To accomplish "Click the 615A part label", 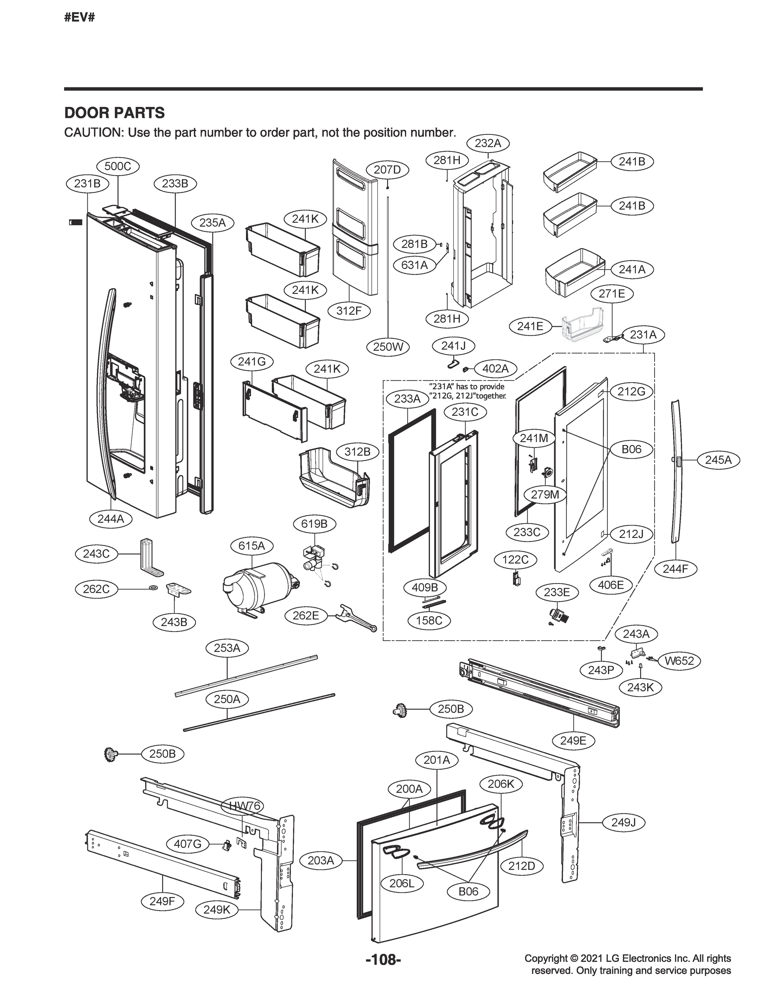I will click(251, 546).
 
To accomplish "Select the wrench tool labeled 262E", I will click(356, 618).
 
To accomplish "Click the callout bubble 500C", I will click(118, 166).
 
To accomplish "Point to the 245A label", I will click(718, 460).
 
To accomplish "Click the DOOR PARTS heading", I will click(114, 113).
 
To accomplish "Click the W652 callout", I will click(679, 661).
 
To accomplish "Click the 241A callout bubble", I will click(632, 269).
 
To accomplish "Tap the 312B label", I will click(357, 452).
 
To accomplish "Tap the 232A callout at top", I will click(488, 143).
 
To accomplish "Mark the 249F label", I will click(162, 901).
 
